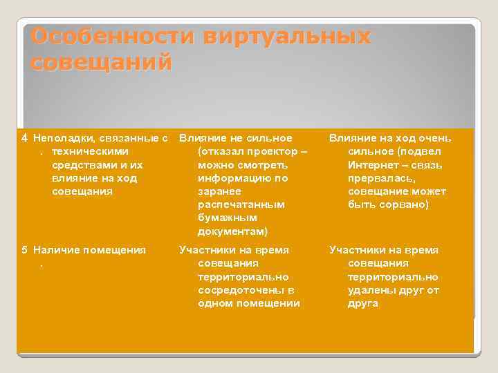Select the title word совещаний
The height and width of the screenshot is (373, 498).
(101, 63)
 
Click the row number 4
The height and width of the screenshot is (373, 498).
(24, 138)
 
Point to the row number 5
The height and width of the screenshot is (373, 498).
(24, 250)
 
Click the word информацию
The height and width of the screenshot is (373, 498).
(232, 178)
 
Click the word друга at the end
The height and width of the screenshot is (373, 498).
(363, 303)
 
